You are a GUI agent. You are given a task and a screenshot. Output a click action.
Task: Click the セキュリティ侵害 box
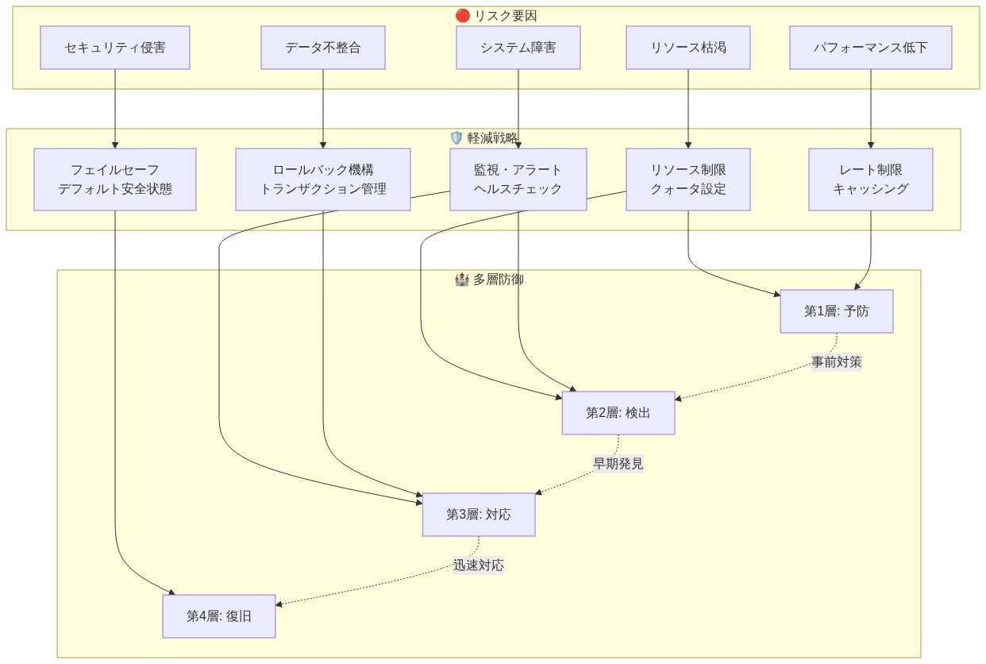(x=115, y=48)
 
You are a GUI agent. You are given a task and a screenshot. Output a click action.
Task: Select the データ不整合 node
(x=323, y=48)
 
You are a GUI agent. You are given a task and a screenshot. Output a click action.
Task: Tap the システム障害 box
(x=518, y=48)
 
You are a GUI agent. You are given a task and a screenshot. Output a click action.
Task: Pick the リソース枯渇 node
(x=688, y=48)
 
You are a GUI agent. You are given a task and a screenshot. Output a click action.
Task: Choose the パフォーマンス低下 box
(x=871, y=48)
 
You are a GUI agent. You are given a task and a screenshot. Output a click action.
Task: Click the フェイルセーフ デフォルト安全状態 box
(x=115, y=180)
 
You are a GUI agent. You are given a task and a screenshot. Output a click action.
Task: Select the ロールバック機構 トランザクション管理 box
(x=323, y=180)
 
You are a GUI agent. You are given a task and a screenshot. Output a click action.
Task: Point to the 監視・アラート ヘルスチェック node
(x=518, y=180)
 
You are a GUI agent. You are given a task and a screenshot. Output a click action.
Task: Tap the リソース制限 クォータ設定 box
(x=688, y=180)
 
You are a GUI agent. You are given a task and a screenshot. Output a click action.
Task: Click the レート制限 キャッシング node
(x=871, y=180)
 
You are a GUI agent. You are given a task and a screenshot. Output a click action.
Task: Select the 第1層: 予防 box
(x=837, y=311)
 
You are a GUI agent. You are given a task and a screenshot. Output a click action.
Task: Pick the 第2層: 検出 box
(x=618, y=413)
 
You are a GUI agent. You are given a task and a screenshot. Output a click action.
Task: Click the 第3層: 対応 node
(x=479, y=515)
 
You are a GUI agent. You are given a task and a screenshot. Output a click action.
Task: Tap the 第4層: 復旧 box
(x=219, y=616)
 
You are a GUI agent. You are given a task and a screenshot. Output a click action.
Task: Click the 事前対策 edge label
(x=837, y=362)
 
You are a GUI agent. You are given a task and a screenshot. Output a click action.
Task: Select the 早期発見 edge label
(x=618, y=464)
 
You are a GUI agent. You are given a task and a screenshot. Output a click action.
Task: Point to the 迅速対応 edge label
(x=479, y=566)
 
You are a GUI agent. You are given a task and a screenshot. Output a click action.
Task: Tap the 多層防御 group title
(x=498, y=280)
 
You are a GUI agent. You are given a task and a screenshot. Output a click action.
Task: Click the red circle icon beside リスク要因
(x=463, y=16)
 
